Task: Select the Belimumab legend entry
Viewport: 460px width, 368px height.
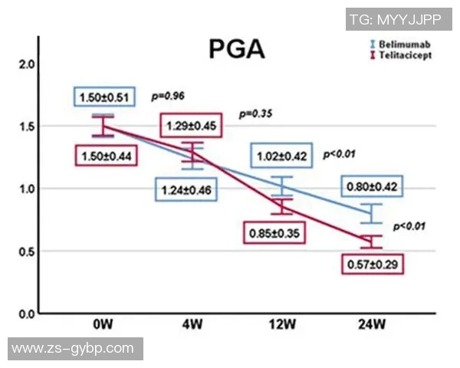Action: pyautogui.click(x=402, y=45)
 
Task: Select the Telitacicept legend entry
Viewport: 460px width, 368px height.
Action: pyautogui.click(x=404, y=56)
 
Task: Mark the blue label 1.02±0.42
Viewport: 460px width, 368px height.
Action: pyautogui.click(x=281, y=156)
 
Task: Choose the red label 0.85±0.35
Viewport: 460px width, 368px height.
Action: pyautogui.click(x=274, y=231)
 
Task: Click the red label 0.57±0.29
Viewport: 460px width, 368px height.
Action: pyautogui.click(x=373, y=264)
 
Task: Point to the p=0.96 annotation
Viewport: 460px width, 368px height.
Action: pyautogui.click(x=168, y=96)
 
